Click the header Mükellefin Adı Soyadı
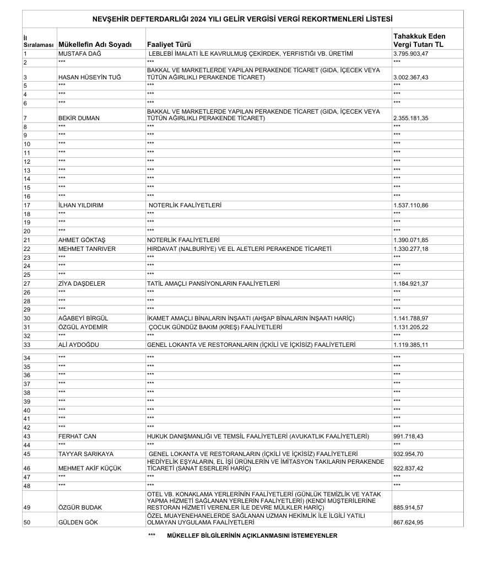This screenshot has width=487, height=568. tap(95, 44)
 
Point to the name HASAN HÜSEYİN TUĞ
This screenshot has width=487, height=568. tap(89, 78)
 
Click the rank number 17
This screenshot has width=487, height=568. tap(26, 205)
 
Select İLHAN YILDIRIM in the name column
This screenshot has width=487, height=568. tap(80, 205)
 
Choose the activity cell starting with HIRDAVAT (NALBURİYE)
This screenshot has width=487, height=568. tap(239, 249)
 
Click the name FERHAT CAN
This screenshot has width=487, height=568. tap(77, 437)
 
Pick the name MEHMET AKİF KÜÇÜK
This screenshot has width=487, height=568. tap(89, 469)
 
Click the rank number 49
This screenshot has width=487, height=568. tap(26, 507)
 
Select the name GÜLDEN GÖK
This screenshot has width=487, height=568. tap(78, 522)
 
